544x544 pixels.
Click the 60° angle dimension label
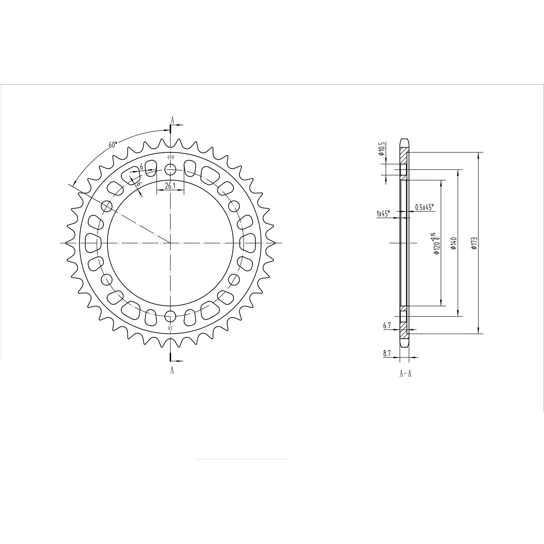click(x=113, y=144)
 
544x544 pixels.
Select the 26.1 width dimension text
click(x=170, y=186)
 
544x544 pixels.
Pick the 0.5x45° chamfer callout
click(x=425, y=207)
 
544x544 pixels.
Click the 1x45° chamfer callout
click(x=383, y=214)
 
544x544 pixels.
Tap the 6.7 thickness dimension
click(x=387, y=326)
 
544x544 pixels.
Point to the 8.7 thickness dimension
click(x=387, y=354)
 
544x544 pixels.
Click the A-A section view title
click(x=405, y=374)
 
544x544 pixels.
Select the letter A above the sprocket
click(x=172, y=120)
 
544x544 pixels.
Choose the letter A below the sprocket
click(x=172, y=370)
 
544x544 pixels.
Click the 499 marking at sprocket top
click(x=170, y=157)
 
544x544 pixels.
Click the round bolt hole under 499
click(x=170, y=169)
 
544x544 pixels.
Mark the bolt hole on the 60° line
click(x=107, y=206)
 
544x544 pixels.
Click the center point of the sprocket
click(x=170, y=243)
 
